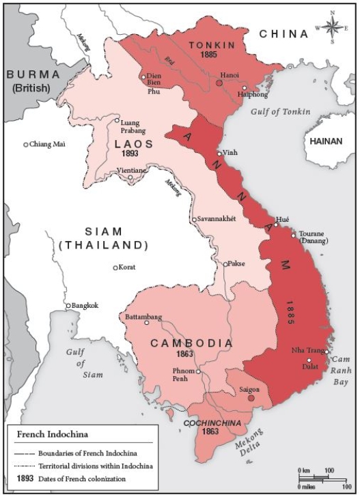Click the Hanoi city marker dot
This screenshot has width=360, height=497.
pyautogui.click(x=219, y=82)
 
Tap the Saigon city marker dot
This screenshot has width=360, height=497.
pyautogui.click(x=251, y=397)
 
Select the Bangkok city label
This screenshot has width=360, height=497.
pyautogui.click(x=85, y=305)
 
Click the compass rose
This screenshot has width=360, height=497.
pyautogui.click(x=333, y=27)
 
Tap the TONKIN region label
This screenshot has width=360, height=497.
pyautogui.click(x=209, y=44)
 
